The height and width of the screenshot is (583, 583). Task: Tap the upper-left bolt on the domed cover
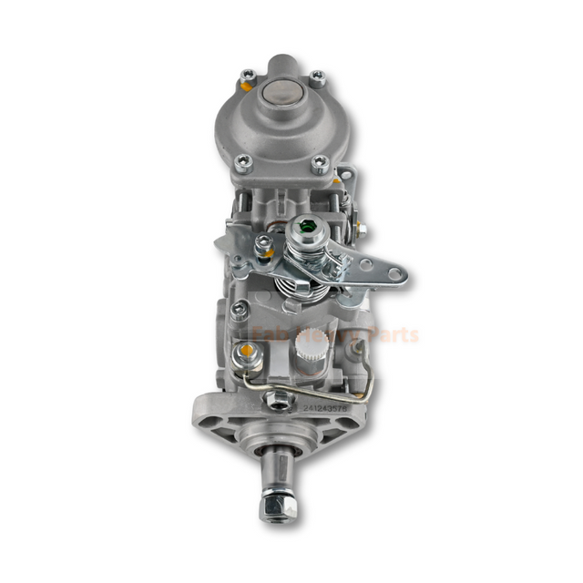click(248, 76)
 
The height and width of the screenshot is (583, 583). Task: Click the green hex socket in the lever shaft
click(306, 232)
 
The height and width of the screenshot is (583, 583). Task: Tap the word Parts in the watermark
click(392, 334)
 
